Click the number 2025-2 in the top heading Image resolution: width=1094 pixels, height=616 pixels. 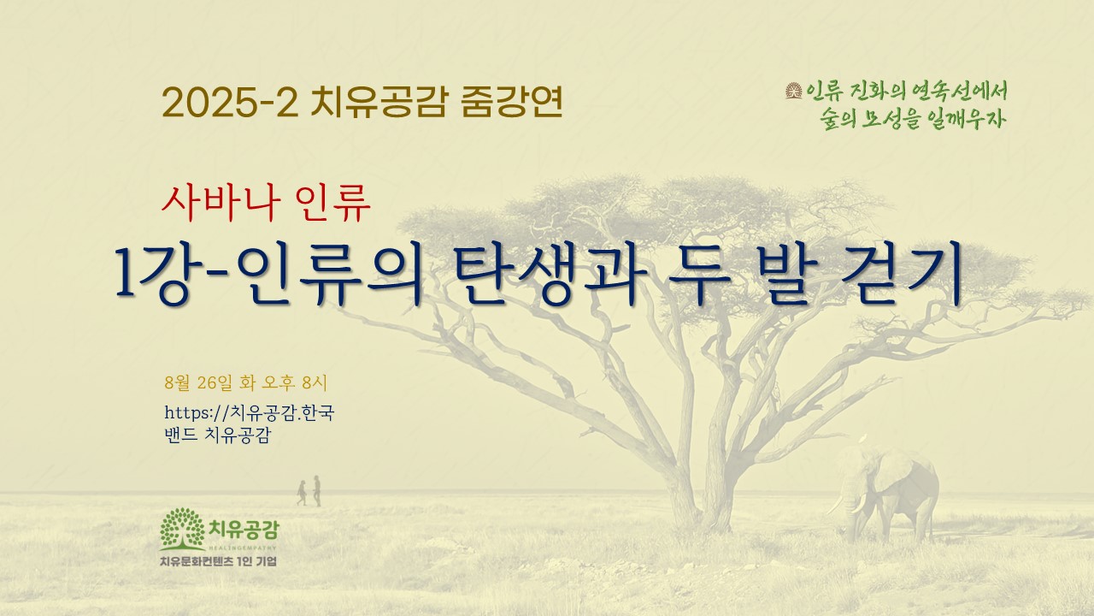tap(230, 103)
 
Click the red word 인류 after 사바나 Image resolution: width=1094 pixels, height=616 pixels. tap(333, 204)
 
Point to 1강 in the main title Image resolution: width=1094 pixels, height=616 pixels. tap(151, 275)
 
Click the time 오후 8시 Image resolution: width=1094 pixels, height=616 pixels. tap(295, 382)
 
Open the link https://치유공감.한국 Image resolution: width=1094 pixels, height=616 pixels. tap(249, 413)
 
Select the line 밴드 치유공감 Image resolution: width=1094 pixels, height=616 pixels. tap(218, 435)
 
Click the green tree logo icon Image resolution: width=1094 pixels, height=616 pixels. tap(182, 529)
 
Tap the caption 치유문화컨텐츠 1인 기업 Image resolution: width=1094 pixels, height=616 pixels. tap(218, 561)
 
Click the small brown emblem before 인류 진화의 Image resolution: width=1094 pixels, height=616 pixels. tap(794, 91)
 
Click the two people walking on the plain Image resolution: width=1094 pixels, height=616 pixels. tap(309, 491)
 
